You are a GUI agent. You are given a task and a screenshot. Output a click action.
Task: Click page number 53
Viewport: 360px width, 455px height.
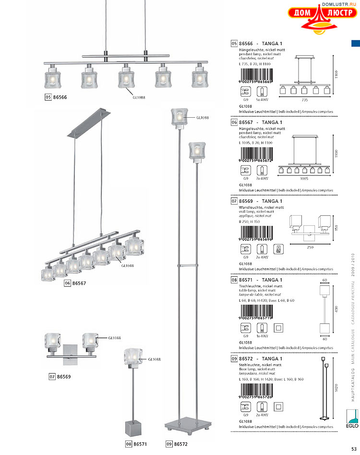pyautogui.click(x=353, y=449)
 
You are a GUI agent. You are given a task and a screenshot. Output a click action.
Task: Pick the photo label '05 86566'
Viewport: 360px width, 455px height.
pyautogui.click(x=56, y=97)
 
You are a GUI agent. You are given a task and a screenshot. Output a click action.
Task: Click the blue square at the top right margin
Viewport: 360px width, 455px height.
pyautogui.click(x=355, y=44)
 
